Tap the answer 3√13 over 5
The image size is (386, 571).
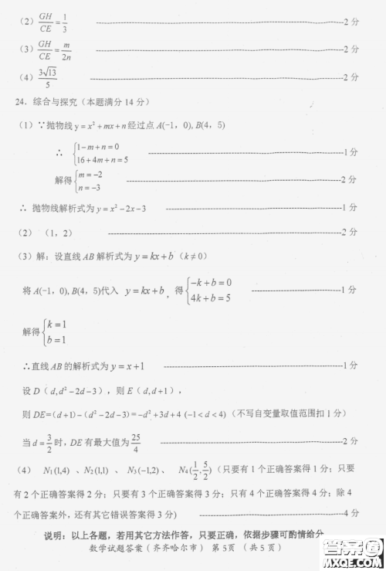click(48, 78)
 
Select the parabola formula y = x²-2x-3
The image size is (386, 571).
click(121, 209)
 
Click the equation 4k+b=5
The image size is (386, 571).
click(209, 297)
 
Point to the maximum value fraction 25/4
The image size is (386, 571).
click(180, 441)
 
